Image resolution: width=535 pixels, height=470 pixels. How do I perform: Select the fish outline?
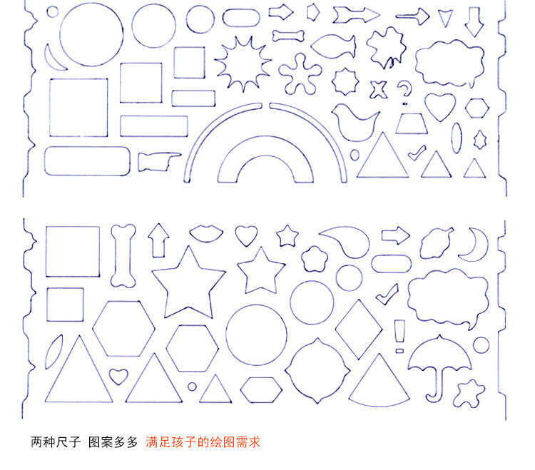click(332, 46)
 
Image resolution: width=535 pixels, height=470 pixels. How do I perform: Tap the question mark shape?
click(404, 92)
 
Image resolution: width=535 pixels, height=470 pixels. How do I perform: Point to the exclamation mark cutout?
click(399, 337)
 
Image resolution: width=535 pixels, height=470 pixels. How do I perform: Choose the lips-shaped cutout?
click(206, 233)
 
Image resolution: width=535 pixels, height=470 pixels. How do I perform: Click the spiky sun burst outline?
click(243, 63)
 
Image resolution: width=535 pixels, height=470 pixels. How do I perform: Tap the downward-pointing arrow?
click(474, 22)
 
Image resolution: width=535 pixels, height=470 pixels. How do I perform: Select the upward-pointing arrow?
click(158, 240)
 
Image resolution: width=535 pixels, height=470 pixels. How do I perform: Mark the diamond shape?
click(359, 329)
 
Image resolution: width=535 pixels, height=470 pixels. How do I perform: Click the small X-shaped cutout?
click(379, 90)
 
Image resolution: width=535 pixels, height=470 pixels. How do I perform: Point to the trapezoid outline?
click(412, 123)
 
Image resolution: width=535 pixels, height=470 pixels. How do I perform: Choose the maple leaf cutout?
click(387, 48)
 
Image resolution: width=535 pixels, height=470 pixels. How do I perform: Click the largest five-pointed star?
click(188, 283)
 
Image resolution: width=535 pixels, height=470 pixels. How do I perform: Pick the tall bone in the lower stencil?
click(123, 255)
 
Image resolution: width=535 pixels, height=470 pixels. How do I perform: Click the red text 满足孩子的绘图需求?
click(203, 442)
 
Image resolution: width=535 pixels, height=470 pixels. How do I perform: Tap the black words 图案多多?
click(113, 442)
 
